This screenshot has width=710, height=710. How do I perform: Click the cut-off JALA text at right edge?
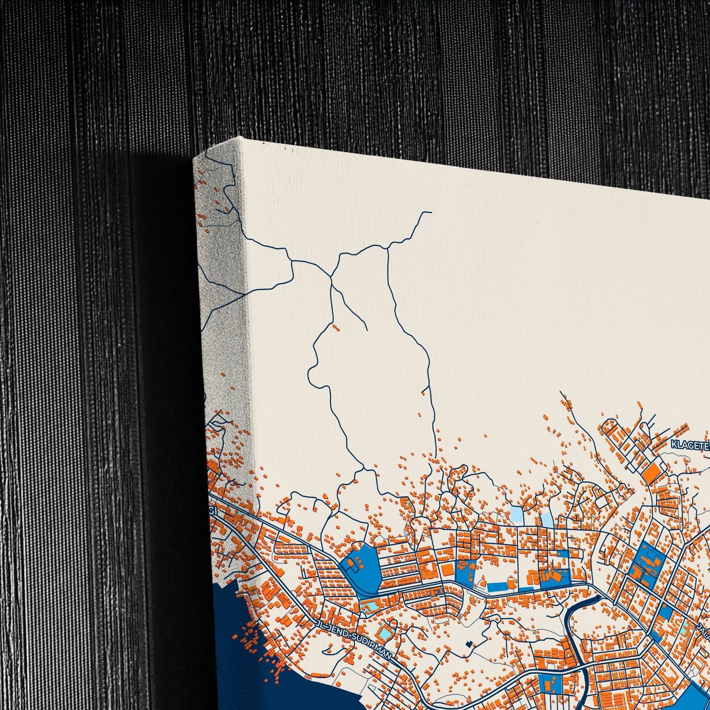pos(704,632)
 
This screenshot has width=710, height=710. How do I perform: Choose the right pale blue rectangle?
pos(546,520)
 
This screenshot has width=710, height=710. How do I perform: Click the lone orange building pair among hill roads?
pos(336,326)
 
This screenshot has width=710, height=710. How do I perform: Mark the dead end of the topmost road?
pos(430,212)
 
